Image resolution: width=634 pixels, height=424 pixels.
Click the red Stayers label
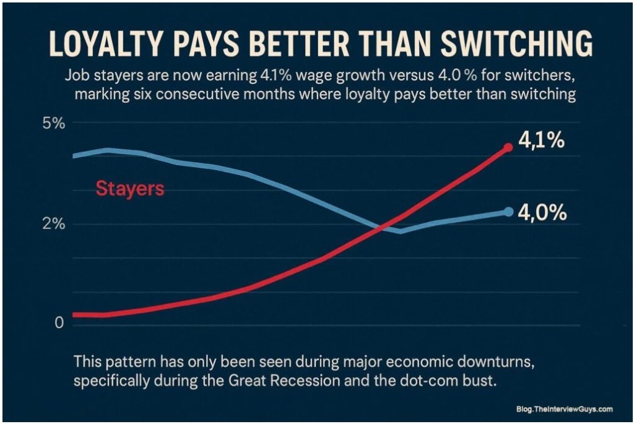pos(130,188)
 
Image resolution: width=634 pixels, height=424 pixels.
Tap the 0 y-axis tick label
pos(59,322)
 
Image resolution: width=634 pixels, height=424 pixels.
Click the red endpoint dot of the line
pos(508,147)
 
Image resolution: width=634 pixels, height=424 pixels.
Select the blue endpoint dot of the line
pos(508,212)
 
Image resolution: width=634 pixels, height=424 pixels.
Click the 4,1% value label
pos(541,141)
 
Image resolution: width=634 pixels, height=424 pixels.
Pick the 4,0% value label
pos(543,213)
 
